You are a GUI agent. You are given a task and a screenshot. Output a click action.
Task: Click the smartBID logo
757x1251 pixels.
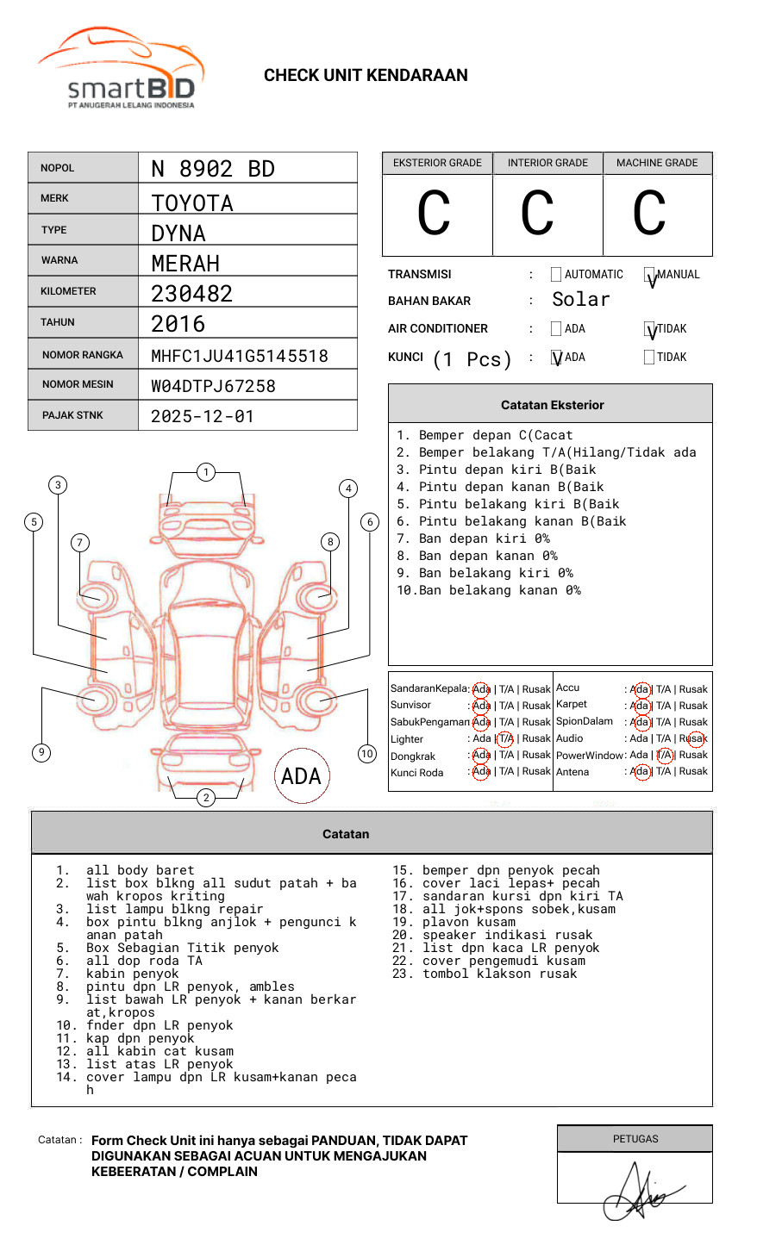[121, 71]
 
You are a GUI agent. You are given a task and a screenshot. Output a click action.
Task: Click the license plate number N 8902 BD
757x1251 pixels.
[212, 169]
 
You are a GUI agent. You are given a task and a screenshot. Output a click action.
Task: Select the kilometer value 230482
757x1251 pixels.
[191, 294]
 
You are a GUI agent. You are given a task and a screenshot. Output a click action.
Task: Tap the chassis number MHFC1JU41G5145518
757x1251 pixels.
[239, 356]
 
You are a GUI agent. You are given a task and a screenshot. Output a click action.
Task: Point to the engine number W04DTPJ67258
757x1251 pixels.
[213, 386]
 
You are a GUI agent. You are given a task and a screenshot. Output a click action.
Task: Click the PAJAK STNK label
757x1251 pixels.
[72, 415]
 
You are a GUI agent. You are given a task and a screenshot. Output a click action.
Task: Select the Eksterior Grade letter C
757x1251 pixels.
[434, 214]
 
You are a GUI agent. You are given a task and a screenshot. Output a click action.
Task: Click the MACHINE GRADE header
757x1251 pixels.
[657, 163]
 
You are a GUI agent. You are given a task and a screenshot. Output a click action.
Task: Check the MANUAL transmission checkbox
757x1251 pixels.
[650, 275]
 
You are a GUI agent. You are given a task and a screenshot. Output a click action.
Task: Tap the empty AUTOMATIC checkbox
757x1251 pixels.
[556, 275]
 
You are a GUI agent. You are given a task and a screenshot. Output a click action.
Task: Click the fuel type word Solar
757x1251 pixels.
[580, 300]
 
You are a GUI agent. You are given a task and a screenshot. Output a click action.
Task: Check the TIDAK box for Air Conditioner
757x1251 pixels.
[650, 329]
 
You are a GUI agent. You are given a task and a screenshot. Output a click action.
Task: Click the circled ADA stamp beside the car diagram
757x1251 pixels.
[301, 776]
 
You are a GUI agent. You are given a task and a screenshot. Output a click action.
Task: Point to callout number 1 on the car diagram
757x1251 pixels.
[205, 471]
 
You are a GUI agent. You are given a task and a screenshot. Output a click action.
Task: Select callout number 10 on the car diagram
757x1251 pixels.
[367, 754]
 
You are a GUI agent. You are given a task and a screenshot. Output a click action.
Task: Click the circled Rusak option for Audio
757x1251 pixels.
[695, 738]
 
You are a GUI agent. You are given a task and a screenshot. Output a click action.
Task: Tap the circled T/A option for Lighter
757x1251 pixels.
[506, 738]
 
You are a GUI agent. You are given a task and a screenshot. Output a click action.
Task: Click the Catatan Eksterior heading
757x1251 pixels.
[552, 405]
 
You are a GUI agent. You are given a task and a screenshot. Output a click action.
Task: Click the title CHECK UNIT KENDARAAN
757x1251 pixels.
[366, 76]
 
